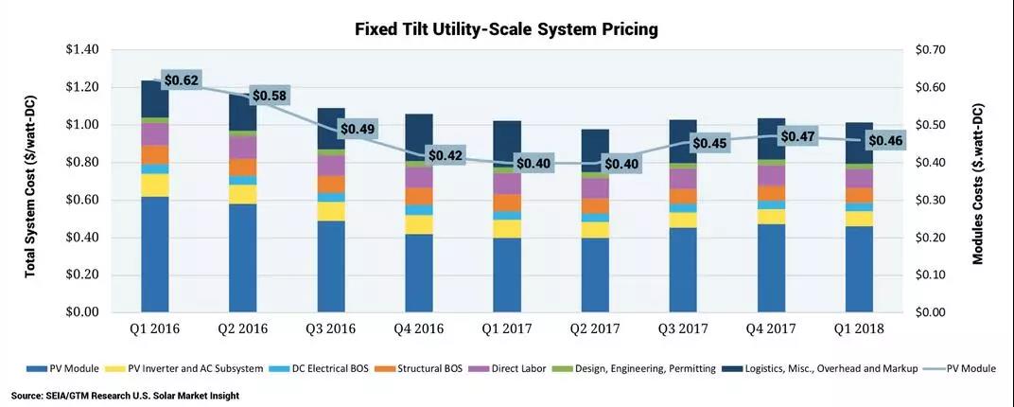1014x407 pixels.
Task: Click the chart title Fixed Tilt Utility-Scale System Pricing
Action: coord(506,29)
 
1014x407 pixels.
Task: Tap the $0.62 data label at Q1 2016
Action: coord(182,80)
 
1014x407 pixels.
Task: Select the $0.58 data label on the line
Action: coord(269,96)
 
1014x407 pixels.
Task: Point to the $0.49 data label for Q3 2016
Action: coord(357,128)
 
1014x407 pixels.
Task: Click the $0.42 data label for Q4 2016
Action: coord(445,154)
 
